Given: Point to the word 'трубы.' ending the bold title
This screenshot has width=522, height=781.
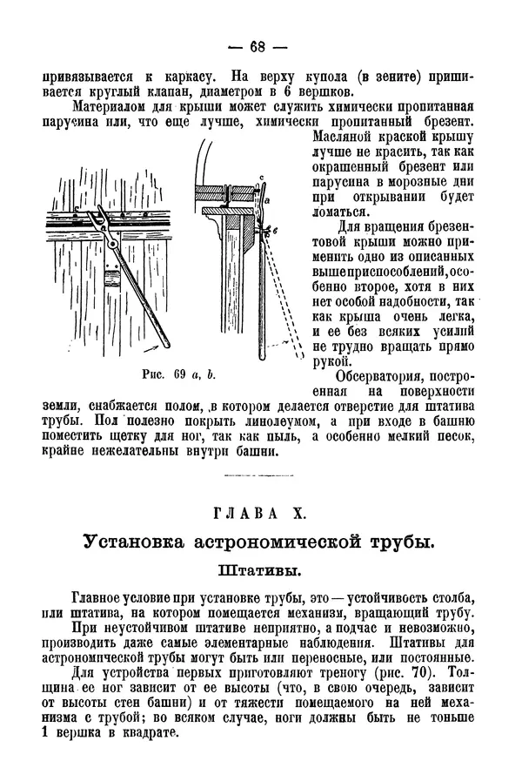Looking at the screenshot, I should point(401,542).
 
